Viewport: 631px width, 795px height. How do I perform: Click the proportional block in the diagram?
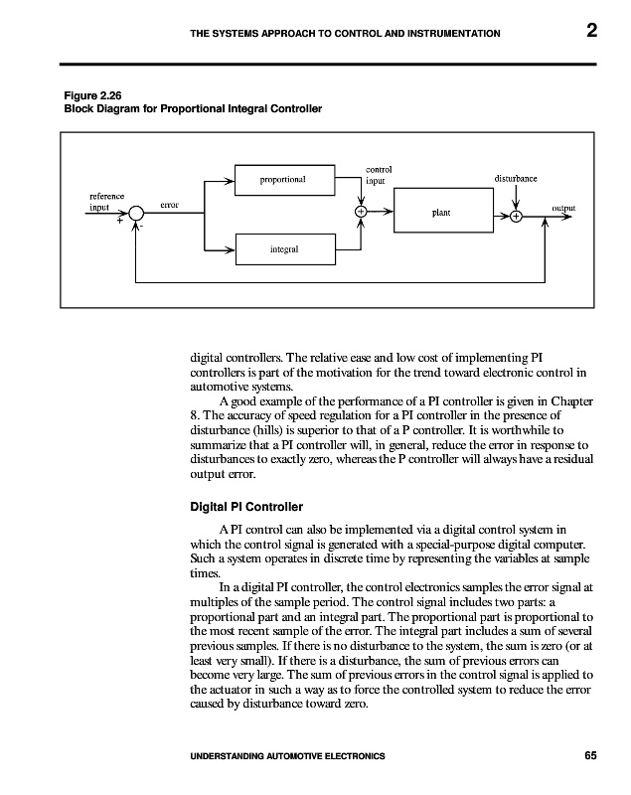tap(282, 180)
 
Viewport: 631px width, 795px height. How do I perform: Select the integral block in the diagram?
tap(284, 248)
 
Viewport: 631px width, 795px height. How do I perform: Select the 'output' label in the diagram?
tap(563, 208)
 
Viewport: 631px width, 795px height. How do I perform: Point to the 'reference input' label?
tap(106, 202)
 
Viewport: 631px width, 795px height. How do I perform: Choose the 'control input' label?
tap(379, 176)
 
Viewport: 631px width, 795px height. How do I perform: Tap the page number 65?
tap(590, 757)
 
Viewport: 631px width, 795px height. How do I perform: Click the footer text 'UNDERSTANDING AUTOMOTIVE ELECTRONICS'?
tap(287, 757)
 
